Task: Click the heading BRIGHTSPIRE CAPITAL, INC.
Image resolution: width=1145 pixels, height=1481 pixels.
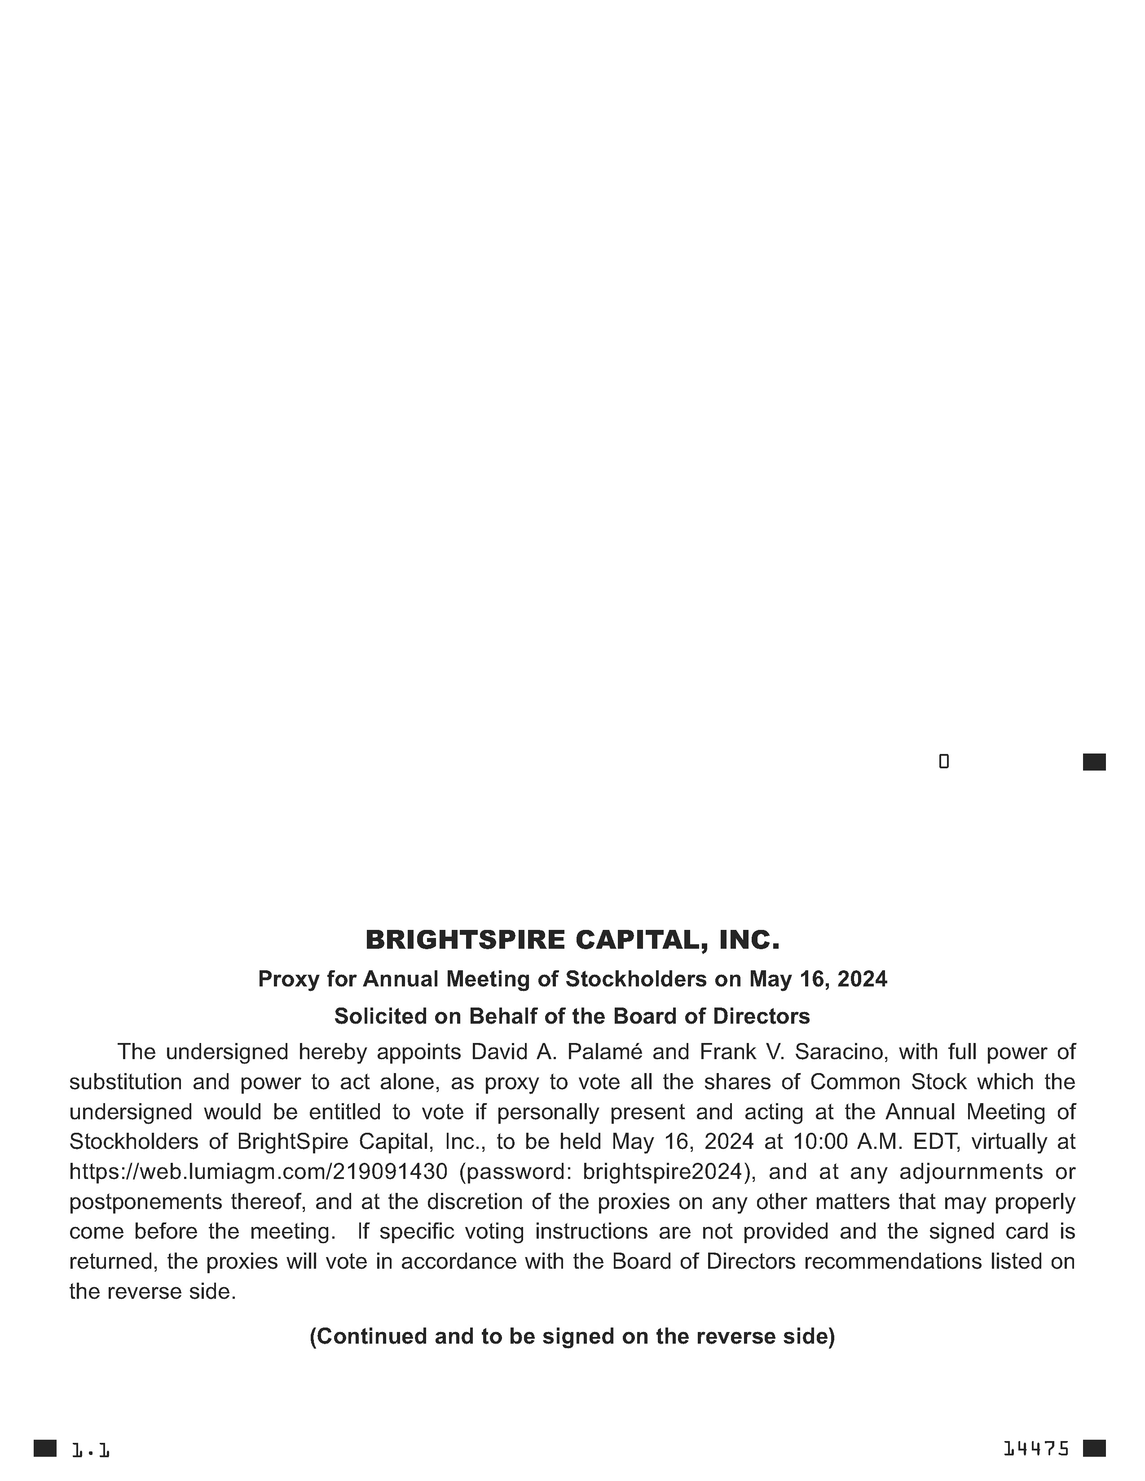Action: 572,940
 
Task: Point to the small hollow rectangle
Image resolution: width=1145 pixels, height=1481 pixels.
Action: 943,762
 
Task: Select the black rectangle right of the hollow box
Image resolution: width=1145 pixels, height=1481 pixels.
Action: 1094,762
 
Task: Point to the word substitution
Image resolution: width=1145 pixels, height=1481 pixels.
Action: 125,1082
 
